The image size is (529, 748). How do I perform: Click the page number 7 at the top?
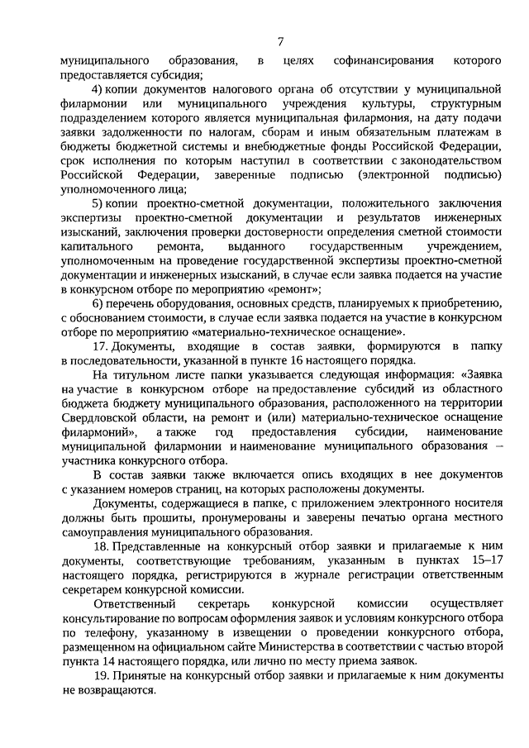(281, 42)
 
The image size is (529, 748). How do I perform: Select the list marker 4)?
(98, 88)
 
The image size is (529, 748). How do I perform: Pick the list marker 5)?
(98, 203)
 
